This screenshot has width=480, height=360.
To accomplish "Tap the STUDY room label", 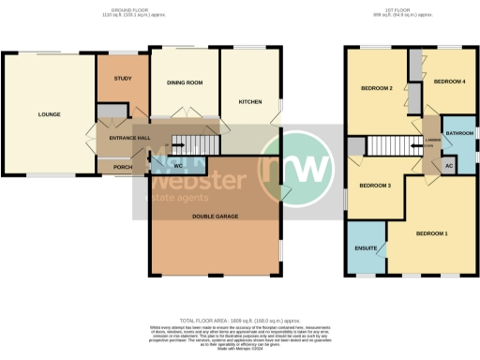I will [x=121, y=79].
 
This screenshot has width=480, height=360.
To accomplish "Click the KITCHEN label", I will [x=249, y=100].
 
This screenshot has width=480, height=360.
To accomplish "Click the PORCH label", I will [x=122, y=169].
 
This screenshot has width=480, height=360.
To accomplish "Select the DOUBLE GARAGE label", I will [x=215, y=216].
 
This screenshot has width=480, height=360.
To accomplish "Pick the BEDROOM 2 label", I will [x=376, y=89].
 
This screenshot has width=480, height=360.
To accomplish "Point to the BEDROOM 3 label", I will [x=375, y=186].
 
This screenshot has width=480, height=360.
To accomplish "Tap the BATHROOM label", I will [x=459, y=134].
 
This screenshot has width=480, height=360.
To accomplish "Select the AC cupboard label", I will [x=449, y=166].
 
